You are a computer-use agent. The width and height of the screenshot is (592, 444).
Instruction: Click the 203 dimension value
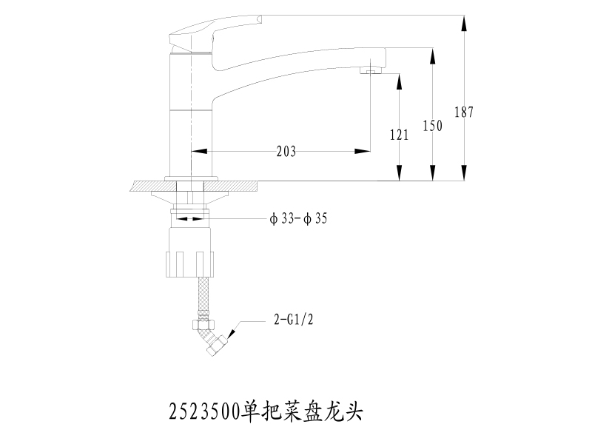[286, 152]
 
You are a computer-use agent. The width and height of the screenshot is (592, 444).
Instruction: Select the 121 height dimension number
[399, 135]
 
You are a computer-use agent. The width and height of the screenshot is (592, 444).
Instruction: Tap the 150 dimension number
[432, 125]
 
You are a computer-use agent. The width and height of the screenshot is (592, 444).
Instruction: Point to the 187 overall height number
[464, 112]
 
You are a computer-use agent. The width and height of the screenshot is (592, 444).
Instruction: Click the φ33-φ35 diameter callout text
[298, 218]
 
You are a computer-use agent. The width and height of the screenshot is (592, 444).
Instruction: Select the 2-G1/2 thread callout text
[293, 320]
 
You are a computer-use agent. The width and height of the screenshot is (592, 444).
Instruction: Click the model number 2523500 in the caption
[204, 411]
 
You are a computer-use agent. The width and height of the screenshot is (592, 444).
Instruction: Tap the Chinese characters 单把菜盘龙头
[302, 411]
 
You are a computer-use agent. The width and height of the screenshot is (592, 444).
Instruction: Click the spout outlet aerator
[371, 70]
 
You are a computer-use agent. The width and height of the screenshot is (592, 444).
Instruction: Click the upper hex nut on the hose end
[203, 325]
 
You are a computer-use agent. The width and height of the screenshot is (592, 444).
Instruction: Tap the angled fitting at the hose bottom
[218, 344]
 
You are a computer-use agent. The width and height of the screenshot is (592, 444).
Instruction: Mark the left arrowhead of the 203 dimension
[199, 151]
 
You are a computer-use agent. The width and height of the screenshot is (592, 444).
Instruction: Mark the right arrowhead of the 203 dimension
[363, 151]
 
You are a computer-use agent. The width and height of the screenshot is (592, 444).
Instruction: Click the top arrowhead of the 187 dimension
[464, 24]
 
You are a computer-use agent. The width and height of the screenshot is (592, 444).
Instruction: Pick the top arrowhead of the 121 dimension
[399, 82]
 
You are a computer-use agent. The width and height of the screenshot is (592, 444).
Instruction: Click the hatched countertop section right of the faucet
[231, 186]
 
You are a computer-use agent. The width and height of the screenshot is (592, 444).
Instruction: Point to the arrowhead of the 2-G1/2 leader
[231, 334]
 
